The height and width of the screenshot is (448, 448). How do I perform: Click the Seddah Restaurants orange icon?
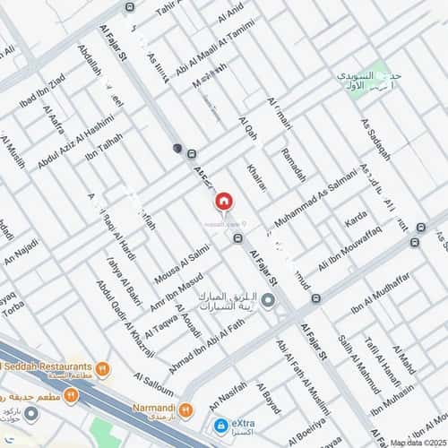pos(103,367)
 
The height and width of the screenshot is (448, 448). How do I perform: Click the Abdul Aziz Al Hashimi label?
pos(76,142)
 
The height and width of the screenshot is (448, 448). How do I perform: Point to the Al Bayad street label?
pos(271,401)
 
